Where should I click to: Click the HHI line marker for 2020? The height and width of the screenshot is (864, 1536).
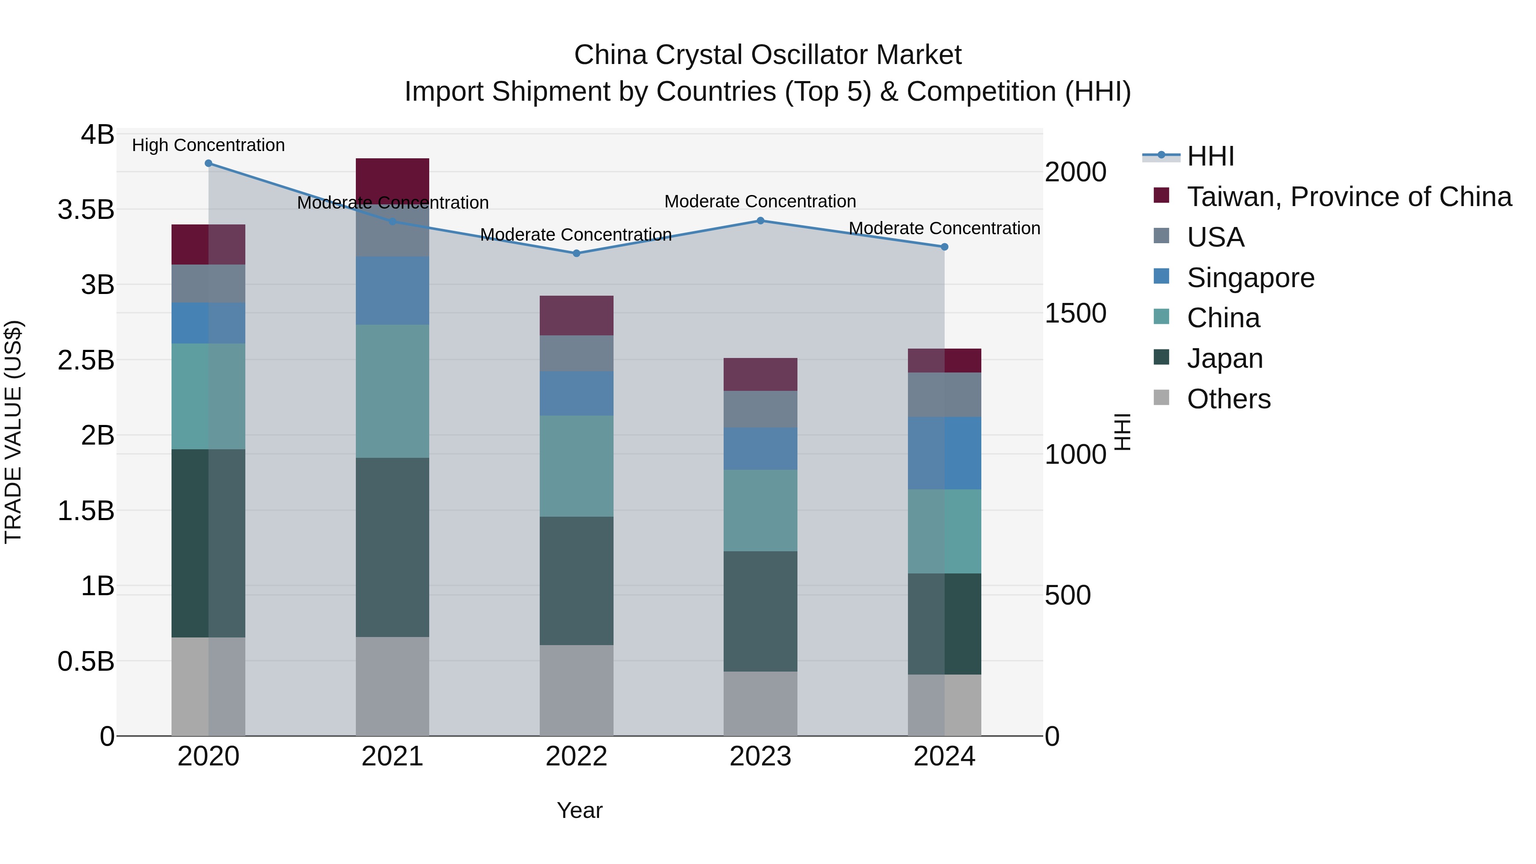pos(208,163)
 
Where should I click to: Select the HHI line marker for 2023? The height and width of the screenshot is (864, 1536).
pos(760,221)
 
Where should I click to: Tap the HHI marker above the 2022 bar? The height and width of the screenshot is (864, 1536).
pos(576,253)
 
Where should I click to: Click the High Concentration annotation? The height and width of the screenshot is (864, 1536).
pos(208,145)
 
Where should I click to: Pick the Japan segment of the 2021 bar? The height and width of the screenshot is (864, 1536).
pos(393,547)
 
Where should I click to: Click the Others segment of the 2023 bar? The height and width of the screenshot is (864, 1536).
pos(760,704)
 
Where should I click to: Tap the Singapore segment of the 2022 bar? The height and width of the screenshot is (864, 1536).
pos(576,393)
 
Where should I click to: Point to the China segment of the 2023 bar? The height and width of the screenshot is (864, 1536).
pos(760,510)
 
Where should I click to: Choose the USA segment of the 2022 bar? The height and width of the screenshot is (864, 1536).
pos(576,354)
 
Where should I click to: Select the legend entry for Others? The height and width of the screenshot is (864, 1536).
pos(1228,399)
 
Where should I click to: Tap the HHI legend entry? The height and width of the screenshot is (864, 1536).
pos(1210,156)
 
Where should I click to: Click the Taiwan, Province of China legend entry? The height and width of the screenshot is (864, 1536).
pos(1349,197)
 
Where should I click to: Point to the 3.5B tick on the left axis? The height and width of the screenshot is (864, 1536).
pos(86,210)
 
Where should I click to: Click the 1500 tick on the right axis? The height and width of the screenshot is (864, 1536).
pos(1075,314)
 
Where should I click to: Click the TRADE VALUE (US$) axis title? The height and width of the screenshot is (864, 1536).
pos(13,432)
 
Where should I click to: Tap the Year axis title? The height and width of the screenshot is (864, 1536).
pos(579,810)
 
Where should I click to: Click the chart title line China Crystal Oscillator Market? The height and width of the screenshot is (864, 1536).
pos(768,55)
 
